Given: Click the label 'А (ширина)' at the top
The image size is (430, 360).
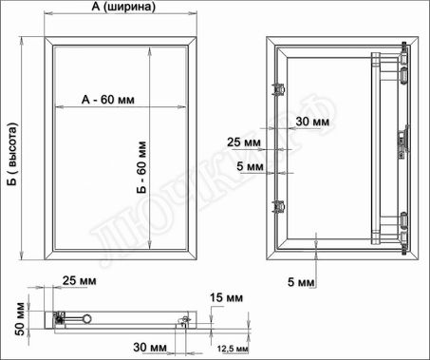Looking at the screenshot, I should point(120,7).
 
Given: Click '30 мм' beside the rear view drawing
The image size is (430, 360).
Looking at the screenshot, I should point(312,122).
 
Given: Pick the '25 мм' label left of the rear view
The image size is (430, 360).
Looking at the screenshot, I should point(244,142).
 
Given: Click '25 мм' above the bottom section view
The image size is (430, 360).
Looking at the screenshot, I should point(79,280).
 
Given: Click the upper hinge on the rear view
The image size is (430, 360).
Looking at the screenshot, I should point(405,66).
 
